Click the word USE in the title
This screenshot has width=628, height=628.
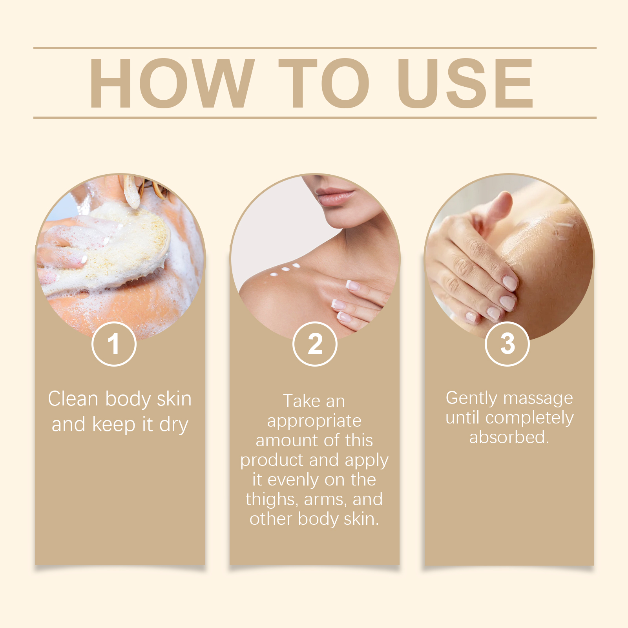click(465, 83)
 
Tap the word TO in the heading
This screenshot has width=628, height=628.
click(323, 83)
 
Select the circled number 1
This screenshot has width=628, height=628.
click(114, 344)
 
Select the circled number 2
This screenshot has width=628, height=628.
click(315, 344)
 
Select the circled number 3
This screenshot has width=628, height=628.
click(508, 344)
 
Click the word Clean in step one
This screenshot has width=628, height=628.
click(73, 399)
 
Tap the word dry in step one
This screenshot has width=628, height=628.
click(174, 425)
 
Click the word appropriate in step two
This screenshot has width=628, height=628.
click(314, 421)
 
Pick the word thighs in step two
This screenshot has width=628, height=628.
click(272, 500)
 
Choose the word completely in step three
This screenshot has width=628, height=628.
click(529, 418)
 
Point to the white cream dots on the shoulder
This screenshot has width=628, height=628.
click(285, 270)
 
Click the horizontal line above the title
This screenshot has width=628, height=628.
click(314, 48)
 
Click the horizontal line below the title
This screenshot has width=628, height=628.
click(314, 117)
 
